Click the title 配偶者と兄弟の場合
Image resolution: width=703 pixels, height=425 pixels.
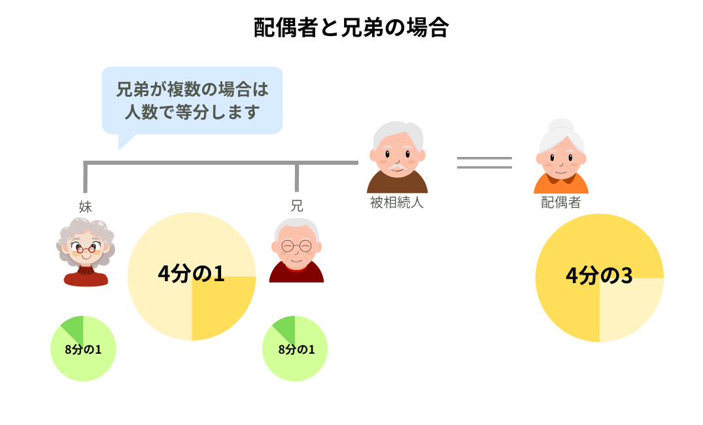(351, 27)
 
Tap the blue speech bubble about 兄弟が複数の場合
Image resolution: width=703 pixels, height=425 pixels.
(192, 101)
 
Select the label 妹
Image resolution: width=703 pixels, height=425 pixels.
(85, 207)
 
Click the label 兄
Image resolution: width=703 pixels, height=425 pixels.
(297, 206)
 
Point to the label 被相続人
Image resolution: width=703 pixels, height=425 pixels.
(397, 202)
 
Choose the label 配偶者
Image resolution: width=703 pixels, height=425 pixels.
(561, 202)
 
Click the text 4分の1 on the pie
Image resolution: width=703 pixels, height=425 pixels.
(191, 273)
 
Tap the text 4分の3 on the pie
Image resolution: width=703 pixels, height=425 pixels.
(599, 275)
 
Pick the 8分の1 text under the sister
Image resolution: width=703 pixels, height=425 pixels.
(83, 349)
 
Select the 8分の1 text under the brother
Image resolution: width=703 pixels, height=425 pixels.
(296, 349)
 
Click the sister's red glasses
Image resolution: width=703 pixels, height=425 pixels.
(86, 248)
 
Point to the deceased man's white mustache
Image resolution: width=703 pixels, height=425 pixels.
(397, 167)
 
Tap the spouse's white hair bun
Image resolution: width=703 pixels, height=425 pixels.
(561, 126)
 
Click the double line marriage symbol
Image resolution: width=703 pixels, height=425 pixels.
(484, 163)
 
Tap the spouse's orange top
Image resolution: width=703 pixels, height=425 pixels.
(561, 184)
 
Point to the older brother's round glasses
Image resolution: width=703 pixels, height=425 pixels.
(296, 246)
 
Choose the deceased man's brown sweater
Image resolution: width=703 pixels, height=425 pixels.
(397, 183)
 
